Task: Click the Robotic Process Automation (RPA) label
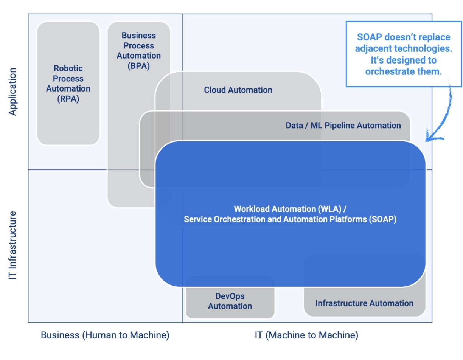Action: pyautogui.click(x=68, y=84)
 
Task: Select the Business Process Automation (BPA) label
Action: pyautogui.click(x=138, y=51)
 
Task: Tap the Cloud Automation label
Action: pyautogui.click(x=238, y=90)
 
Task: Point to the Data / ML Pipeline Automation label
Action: pyautogui.click(x=343, y=126)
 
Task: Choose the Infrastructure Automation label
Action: pyautogui.click(x=364, y=303)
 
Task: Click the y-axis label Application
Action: pyautogui.click(x=13, y=92)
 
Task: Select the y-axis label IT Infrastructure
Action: pyautogui.click(x=13, y=245)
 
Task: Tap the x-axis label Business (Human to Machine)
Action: pyautogui.click(x=105, y=335)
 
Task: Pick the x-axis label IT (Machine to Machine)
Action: pyautogui.click(x=306, y=335)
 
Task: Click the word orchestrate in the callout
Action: pyautogui.click(x=391, y=71)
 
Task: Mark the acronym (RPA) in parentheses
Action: pyautogui.click(x=68, y=99)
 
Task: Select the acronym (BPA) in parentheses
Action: pyautogui.click(x=138, y=66)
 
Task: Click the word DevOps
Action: pyautogui.click(x=230, y=296)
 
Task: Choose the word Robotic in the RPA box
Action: pyautogui.click(x=68, y=68)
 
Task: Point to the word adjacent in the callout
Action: pyautogui.click(x=373, y=48)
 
